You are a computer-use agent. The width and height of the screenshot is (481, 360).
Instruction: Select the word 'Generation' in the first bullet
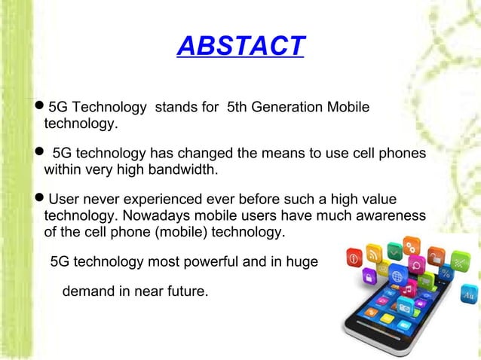click(x=283, y=108)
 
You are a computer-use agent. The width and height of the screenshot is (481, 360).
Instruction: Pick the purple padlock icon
click(x=369, y=277)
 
